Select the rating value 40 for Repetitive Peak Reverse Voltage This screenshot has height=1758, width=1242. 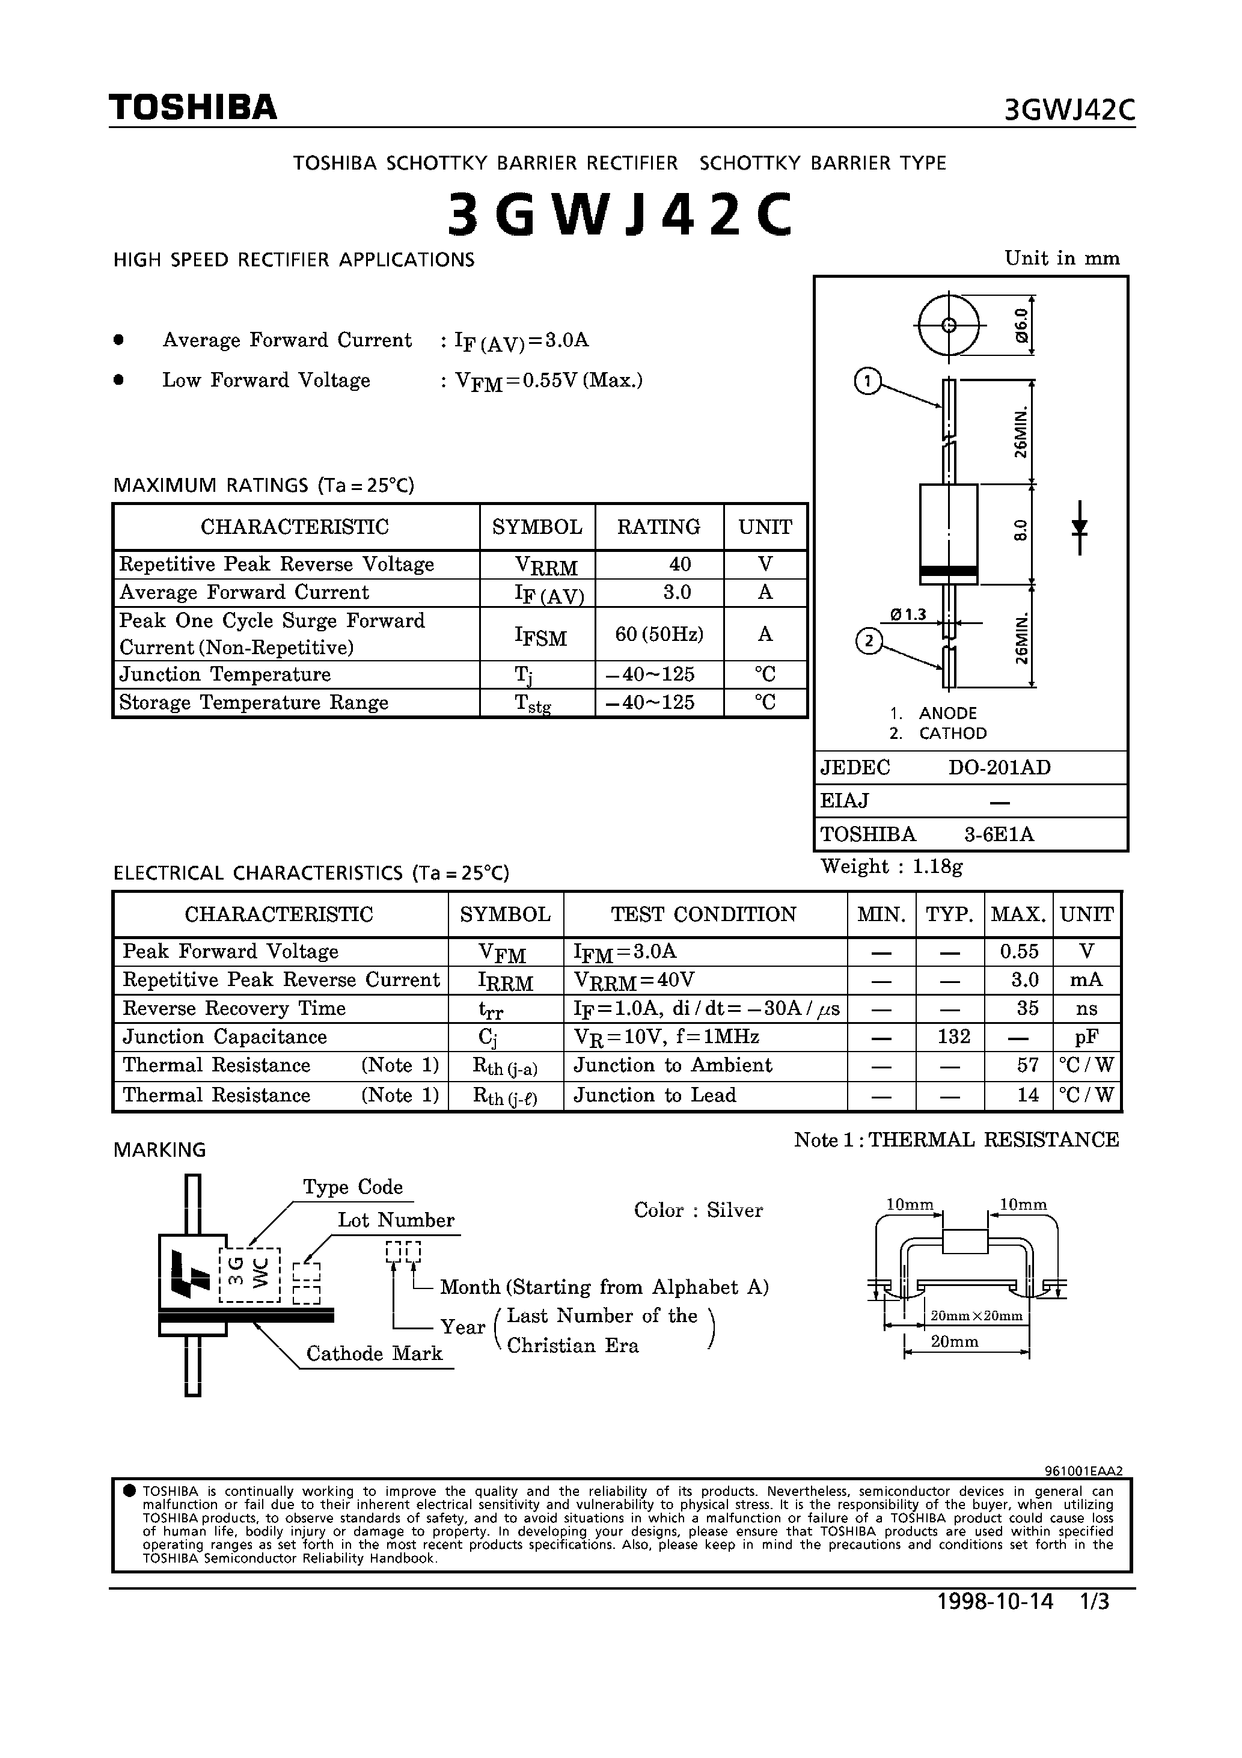click(679, 565)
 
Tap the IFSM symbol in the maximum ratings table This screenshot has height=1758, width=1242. click(540, 635)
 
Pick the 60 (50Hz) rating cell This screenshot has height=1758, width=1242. click(658, 634)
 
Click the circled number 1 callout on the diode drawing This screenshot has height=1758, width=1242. click(867, 381)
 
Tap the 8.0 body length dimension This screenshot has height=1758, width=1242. click(1020, 530)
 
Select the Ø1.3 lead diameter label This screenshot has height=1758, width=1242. click(908, 614)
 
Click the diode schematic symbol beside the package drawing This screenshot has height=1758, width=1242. click(1080, 527)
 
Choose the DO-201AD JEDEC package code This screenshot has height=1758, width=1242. click(999, 767)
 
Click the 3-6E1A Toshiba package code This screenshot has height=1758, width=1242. click(999, 834)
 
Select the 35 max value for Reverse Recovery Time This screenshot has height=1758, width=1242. click(1027, 1008)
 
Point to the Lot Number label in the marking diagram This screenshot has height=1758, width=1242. click(396, 1220)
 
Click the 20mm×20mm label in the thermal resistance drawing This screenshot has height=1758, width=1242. click(976, 1316)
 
